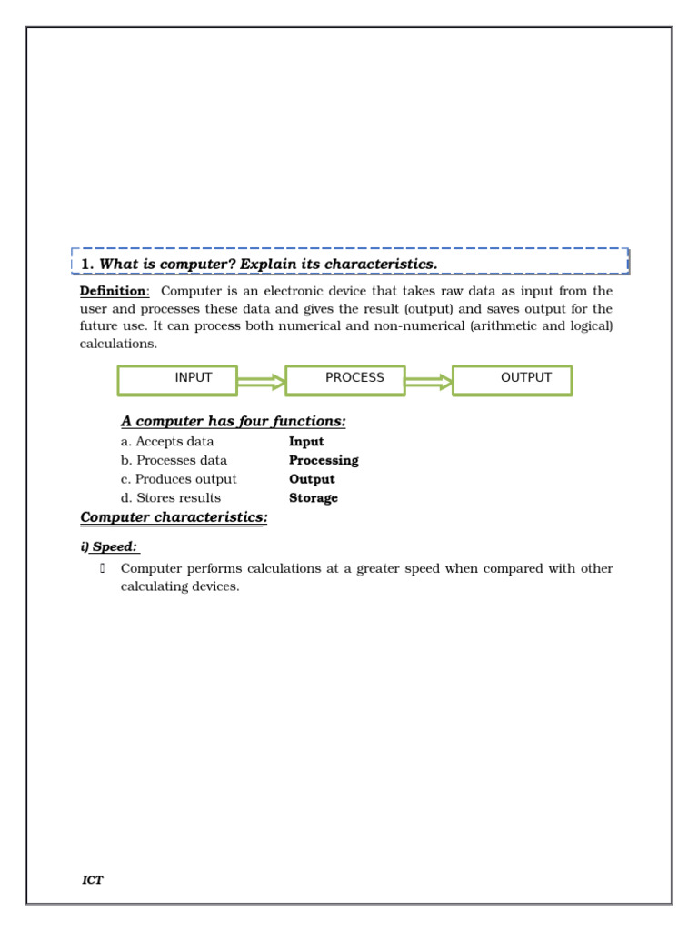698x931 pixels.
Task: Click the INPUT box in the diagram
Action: click(177, 380)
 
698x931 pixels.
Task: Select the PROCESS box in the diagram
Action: click(345, 380)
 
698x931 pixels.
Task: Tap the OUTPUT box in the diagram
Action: click(513, 380)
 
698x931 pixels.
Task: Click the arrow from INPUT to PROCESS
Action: click(262, 383)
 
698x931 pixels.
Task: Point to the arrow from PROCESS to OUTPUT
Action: click(429, 383)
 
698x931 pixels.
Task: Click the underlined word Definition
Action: click(113, 291)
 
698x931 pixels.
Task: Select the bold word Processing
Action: click(324, 461)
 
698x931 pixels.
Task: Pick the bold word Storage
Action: click(314, 498)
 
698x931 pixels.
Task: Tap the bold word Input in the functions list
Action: click(306, 442)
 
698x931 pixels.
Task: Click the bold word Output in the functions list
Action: click(312, 479)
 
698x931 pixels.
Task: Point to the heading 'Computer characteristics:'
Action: click(174, 518)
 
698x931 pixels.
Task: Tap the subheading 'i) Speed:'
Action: click(109, 547)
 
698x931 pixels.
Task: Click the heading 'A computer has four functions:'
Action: click(234, 422)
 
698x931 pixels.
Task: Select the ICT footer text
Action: click(93, 881)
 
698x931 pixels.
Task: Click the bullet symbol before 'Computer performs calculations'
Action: click(103, 569)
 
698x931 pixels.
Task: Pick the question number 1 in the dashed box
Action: click(87, 265)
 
